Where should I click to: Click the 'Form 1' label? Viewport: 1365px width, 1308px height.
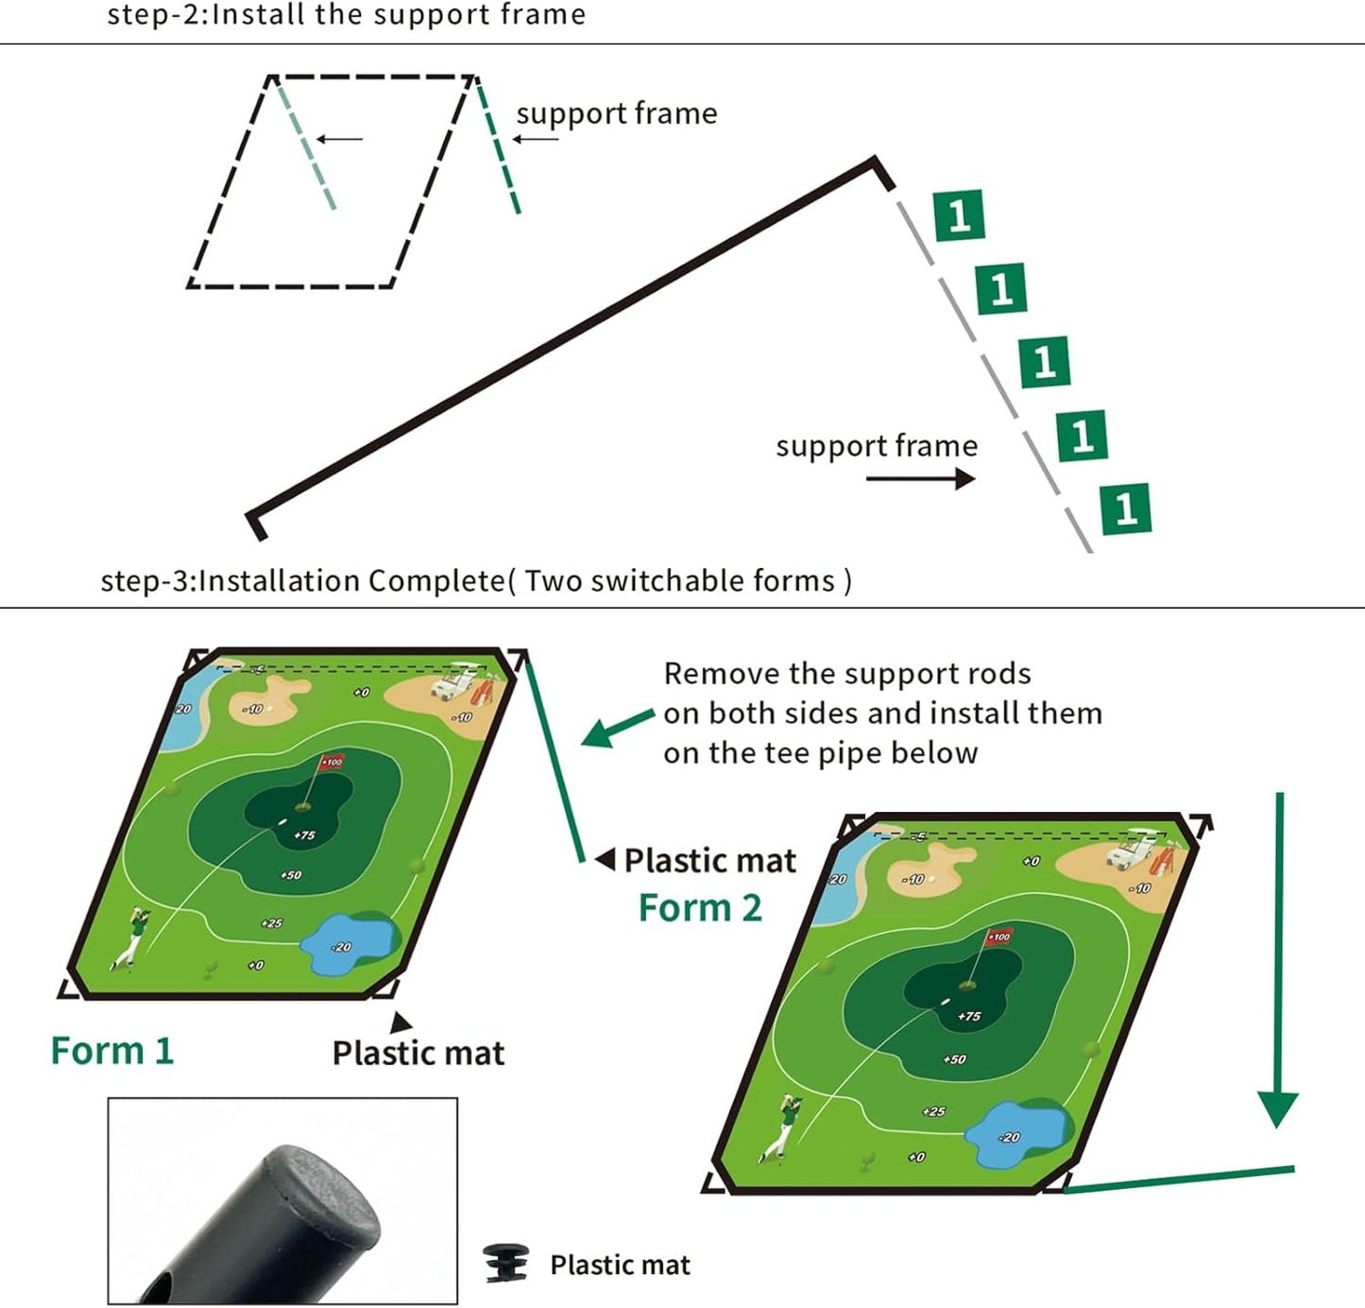[112, 1051]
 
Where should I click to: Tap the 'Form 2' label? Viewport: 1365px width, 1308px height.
[700, 908]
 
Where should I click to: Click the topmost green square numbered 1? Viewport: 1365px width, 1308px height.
[959, 215]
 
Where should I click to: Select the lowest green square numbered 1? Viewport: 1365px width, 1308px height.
[1126, 508]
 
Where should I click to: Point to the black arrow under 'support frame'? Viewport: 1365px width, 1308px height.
[920, 479]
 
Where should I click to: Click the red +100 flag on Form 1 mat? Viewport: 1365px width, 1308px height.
[332, 762]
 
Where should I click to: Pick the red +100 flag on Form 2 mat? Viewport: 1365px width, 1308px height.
[998, 937]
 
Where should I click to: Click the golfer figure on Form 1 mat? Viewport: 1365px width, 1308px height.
[132, 937]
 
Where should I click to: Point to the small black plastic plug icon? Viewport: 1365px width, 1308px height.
[505, 1265]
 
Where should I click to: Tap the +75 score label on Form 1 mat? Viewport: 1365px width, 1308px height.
[304, 835]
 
